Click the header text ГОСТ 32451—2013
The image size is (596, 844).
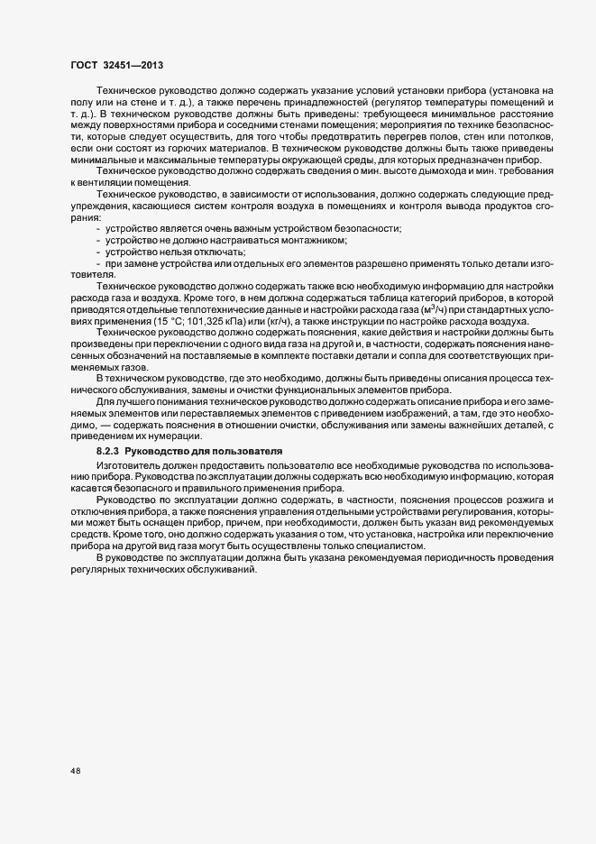pyautogui.click(x=116, y=66)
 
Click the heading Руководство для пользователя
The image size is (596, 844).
pyautogui.click(x=204, y=448)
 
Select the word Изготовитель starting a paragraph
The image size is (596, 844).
pyautogui.click(x=126, y=462)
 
